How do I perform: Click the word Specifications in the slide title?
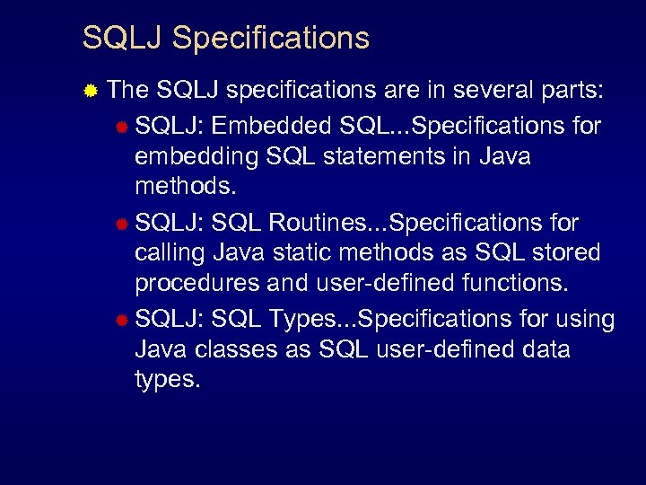tap(270, 39)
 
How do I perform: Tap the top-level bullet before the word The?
tap(90, 90)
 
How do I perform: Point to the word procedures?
tap(196, 284)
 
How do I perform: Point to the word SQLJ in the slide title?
tap(122, 39)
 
